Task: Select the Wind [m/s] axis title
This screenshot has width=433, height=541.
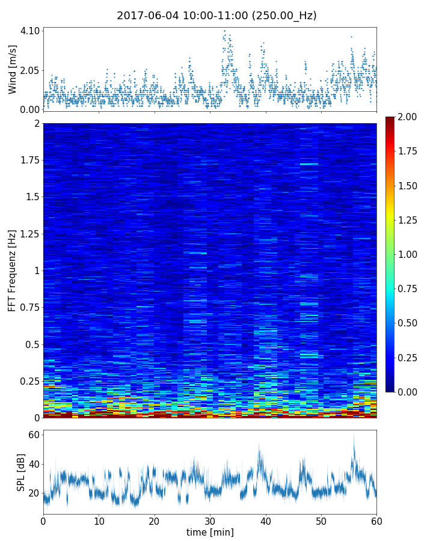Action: click(x=13, y=70)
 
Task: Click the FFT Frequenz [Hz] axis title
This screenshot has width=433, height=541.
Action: click(x=12, y=270)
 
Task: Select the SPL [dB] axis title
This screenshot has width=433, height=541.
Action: click(x=21, y=471)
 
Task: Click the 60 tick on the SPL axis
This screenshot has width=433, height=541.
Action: click(x=34, y=435)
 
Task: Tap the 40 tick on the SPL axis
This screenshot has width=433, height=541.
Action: click(x=34, y=464)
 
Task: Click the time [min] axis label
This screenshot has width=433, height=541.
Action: click(x=210, y=533)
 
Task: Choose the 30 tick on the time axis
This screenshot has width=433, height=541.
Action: click(x=210, y=520)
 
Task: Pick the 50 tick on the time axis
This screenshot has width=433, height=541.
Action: click(x=321, y=520)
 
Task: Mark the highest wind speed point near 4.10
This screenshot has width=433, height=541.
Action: click(x=224, y=31)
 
